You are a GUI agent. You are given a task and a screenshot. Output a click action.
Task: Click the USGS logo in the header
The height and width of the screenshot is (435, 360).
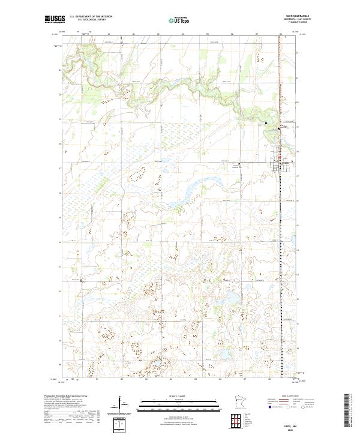55,20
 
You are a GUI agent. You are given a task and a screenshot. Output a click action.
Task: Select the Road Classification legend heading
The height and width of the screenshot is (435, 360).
281,397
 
